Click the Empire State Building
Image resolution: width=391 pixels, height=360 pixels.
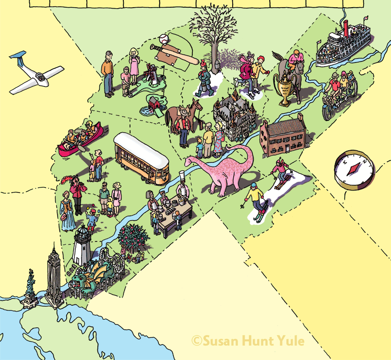pos(53,276)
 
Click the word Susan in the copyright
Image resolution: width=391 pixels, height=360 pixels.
pos(220,341)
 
